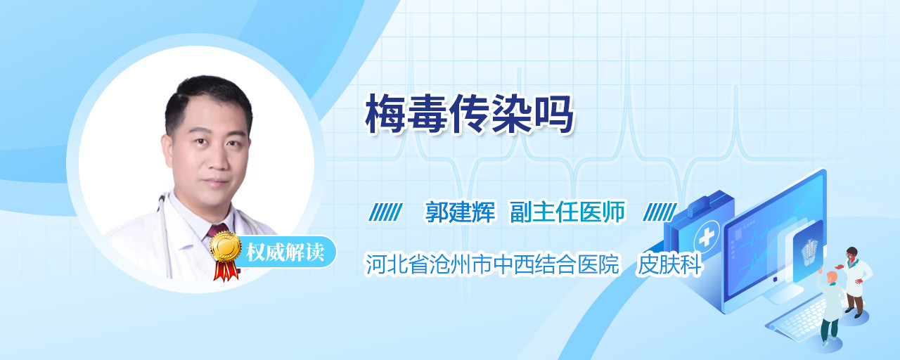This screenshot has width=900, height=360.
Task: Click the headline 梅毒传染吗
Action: [469, 114]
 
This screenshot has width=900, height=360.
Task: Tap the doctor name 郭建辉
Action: [460, 212]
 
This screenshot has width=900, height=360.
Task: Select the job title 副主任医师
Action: [567, 212]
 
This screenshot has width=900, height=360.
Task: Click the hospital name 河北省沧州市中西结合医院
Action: [492, 264]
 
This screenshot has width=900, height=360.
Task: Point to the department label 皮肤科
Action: [669, 264]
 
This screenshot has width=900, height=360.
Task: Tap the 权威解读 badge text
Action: [285, 252]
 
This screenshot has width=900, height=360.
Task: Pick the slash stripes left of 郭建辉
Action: [386, 212]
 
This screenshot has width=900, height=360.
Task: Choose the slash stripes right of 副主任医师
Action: [660, 212]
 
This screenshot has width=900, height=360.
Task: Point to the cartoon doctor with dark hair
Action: [855, 281]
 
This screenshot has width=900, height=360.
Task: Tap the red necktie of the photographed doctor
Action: [217, 231]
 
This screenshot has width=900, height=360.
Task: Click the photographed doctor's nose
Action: [217, 159]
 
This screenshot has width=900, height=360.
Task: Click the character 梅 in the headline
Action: [385, 114]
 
